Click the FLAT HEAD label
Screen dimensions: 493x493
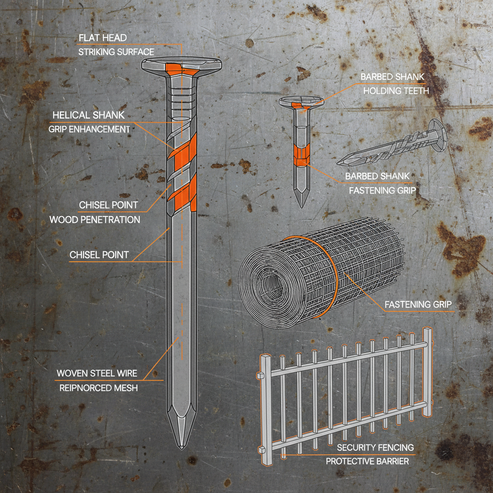[x=104, y=37]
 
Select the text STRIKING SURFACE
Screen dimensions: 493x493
[x=116, y=52]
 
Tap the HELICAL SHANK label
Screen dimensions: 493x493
[x=88, y=115]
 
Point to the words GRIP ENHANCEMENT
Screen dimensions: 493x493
[x=89, y=130]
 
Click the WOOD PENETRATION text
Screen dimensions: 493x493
[x=95, y=220]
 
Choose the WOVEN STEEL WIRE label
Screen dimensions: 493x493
[x=97, y=373]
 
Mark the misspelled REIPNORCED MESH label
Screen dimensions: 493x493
[x=98, y=388]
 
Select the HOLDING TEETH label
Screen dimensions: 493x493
[x=396, y=91]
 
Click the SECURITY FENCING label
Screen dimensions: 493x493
[x=375, y=447]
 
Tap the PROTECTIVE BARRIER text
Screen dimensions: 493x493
[x=367, y=461]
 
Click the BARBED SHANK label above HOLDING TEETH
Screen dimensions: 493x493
[x=392, y=77]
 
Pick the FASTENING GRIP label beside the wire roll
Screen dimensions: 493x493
[x=417, y=304]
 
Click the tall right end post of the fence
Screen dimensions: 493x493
[x=427, y=371]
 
